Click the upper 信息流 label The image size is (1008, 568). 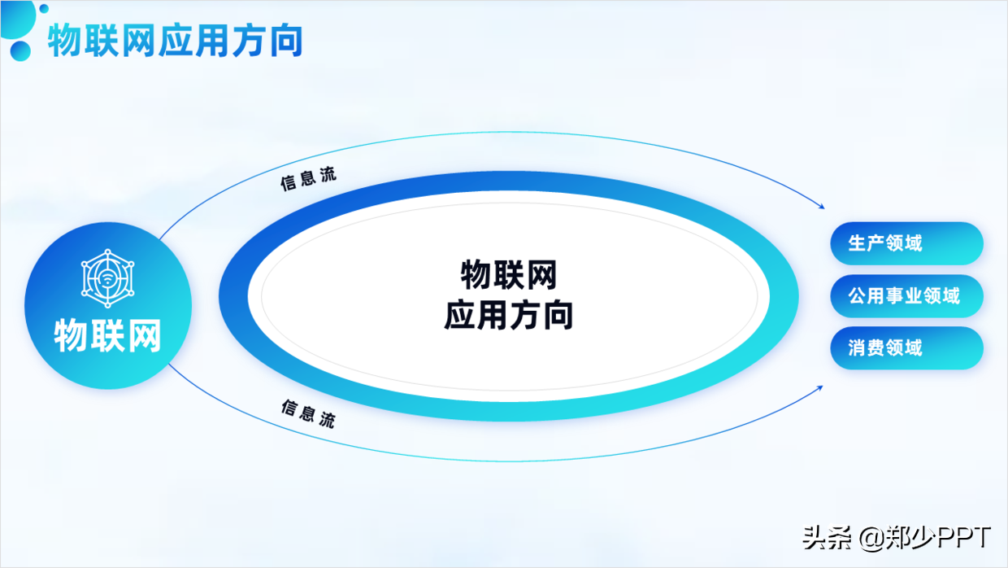pos(308,179)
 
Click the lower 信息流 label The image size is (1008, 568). pos(308,413)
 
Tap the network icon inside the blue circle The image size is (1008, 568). pos(108,277)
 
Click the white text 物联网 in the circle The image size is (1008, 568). pos(108,335)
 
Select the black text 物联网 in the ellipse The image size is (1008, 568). pos(509,275)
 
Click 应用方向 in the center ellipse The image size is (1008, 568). pos(509,315)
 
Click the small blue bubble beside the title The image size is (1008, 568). pos(20,50)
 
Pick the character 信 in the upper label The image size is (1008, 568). pos(289,184)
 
